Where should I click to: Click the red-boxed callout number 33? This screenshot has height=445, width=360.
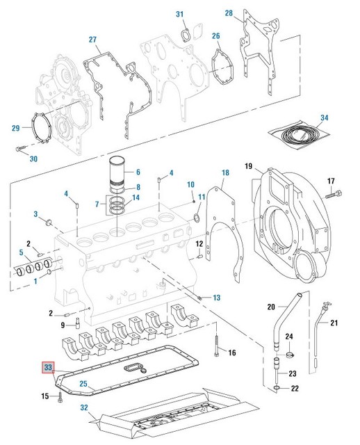click(47, 367)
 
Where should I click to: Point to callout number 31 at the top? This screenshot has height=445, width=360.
click(180, 14)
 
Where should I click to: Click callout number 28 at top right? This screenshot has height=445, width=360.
click(229, 13)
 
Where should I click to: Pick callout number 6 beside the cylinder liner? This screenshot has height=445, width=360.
click(138, 172)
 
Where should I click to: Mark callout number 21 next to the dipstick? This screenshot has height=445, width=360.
click(334, 323)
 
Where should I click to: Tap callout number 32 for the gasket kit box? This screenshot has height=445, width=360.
click(83, 408)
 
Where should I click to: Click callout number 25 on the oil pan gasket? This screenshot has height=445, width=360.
click(83, 383)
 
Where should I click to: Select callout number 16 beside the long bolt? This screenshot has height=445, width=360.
click(232, 353)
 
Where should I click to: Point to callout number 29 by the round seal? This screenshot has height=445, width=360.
click(16, 127)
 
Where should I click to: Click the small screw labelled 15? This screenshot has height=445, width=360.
click(60, 397)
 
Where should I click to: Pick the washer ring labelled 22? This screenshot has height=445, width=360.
click(277, 387)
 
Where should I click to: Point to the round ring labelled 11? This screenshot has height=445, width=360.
click(196, 220)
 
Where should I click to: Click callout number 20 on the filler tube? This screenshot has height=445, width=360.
click(272, 305)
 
